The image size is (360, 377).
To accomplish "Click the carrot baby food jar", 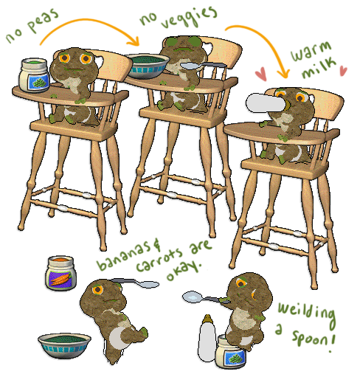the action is [60, 273].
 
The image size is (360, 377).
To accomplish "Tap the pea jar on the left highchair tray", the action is [35, 75].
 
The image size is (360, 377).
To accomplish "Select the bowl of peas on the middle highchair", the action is [147, 66].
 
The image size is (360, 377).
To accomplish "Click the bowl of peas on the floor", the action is [64, 346].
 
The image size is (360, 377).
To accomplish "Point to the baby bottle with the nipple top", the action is [207, 338].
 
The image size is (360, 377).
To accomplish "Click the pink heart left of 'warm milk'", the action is [261, 74].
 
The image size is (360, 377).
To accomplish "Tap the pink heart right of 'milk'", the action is [343, 71].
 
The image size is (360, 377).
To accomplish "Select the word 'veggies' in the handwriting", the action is [190, 17].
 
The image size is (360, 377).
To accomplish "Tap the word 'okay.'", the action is [184, 271].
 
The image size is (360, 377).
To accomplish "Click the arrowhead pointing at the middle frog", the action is [134, 42].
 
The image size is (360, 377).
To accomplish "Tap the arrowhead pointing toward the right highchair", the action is [283, 73].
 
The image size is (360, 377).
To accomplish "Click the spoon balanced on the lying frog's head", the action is [136, 283].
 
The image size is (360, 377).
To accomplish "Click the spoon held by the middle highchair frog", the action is [203, 66].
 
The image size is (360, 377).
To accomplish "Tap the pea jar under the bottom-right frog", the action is [231, 352].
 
